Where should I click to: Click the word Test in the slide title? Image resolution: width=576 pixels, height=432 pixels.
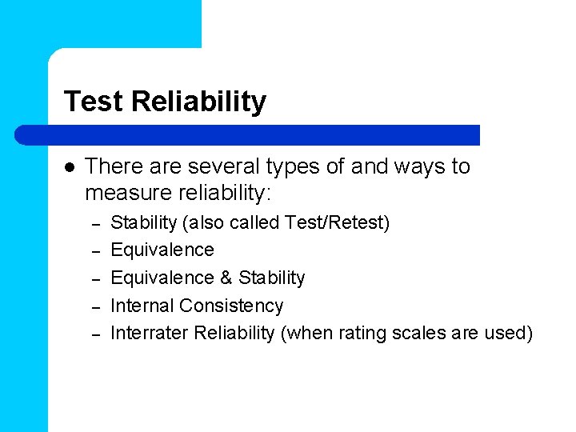tap(94, 102)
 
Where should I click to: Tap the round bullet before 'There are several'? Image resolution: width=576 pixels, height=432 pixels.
tap(70, 167)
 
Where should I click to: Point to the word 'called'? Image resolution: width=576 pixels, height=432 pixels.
tap(258, 222)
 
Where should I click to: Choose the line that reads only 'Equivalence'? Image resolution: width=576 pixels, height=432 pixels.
tap(162, 250)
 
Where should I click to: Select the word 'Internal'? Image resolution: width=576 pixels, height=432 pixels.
tap(142, 306)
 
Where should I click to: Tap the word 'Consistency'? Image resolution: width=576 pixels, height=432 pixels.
tap(231, 306)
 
